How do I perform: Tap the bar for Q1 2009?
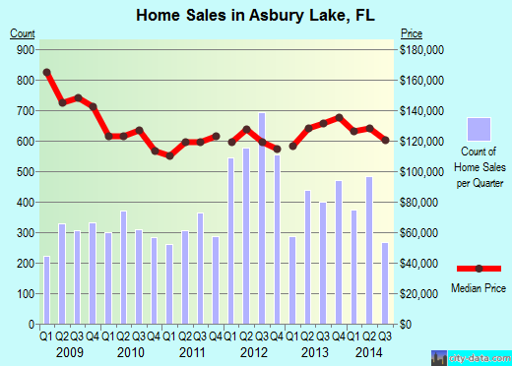click(46, 290)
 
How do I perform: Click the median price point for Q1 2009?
click(46, 73)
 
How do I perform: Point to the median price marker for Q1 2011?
click(169, 156)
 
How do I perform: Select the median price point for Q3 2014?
click(385, 141)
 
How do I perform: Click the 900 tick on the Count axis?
click(25, 49)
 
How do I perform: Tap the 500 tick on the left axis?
click(25, 171)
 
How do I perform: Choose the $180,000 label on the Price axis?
click(422, 49)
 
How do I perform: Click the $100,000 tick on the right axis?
click(422, 171)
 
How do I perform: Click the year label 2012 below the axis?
click(254, 351)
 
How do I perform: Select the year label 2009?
click(70, 351)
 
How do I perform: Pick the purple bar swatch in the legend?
click(479, 130)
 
